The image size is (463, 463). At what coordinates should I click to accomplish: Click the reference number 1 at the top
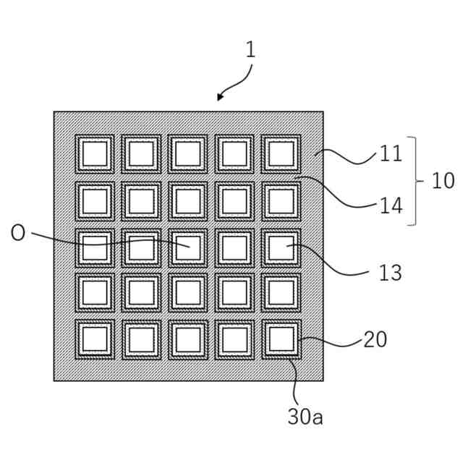click(x=250, y=50)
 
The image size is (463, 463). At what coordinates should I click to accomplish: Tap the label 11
click(x=391, y=154)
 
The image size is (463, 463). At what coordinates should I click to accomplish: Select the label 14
click(x=391, y=205)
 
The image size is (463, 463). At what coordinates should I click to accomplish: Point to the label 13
click(x=390, y=273)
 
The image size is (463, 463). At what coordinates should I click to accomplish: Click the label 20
click(x=375, y=339)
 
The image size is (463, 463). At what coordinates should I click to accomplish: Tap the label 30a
click(x=305, y=417)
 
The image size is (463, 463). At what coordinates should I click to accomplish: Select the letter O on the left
click(x=18, y=234)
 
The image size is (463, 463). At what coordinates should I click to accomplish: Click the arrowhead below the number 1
click(x=220, y=98)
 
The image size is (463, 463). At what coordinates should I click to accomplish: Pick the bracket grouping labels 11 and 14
click(x=413, y=181)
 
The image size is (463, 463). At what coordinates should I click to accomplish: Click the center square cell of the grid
click(x=188, y=247)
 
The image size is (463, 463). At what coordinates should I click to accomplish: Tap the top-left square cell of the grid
click(x=95, y=154)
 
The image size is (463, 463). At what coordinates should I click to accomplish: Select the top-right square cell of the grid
click(x=281, y=154)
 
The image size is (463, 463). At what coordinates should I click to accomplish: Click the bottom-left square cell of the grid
click(x=95, y=339)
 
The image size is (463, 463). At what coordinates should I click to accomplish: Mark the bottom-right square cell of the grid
click(x=281, y=339)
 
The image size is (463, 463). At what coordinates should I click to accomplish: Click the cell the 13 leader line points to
click(x=281, y=247)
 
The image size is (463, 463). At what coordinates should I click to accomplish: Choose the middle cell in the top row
click(x=188, y=154)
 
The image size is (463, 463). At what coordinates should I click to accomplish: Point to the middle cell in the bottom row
click(x=188, y=339)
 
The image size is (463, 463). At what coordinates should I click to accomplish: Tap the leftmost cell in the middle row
click(x=95, y=247)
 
